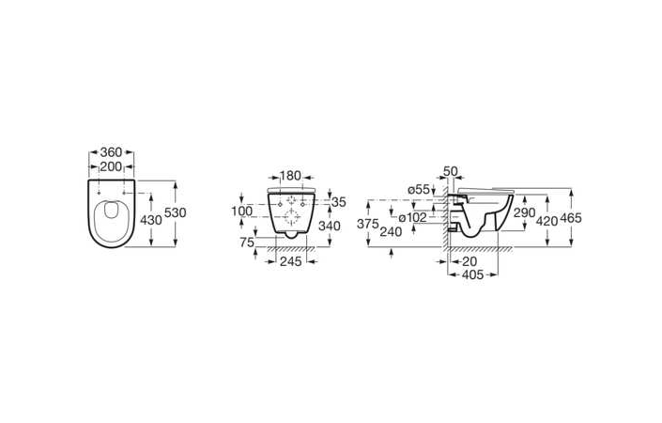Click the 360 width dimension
(x=111, y=152)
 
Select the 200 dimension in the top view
(x=111, y=167)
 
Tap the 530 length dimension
(x=176, y=212)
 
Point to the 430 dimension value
(x=151, y=220)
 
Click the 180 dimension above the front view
(x=290, y=176)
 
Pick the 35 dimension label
(x=339, y=202)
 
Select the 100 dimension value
(x=242, y=211)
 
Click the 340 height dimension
(x=330, y=227)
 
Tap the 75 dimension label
(x=247, y=243)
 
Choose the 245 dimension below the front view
(x=291, y=261)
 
